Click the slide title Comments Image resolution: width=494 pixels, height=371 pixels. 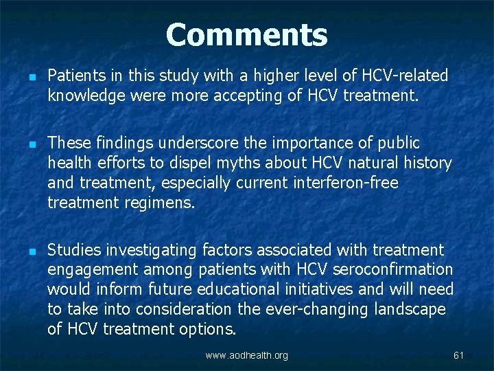tap(246, 35)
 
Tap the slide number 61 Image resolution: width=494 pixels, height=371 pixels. tap(459, 355)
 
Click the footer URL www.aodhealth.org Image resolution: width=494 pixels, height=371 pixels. tap(247, 355)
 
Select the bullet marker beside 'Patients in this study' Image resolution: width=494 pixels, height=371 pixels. tap(25, 75)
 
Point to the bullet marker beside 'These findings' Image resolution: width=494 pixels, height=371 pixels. tap(25, 143)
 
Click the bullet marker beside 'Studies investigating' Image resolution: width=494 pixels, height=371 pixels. tap(25, 251)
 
